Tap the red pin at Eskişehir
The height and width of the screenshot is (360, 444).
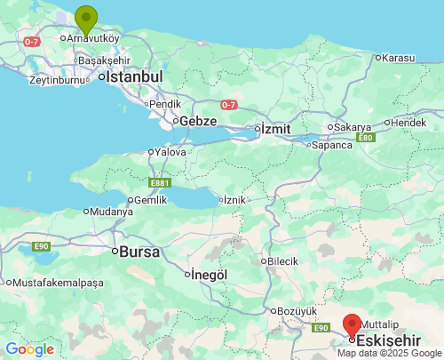(353, 325)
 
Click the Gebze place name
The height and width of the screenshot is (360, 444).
(199, 121)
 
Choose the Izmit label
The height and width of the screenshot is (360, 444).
(274, 129)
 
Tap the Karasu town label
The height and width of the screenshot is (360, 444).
(397, 58)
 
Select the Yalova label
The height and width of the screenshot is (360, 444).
(170, 152)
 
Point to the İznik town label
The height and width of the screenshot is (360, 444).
(234, 200)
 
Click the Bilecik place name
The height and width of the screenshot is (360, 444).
(282, 261)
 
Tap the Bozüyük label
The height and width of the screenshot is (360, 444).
(297, 310)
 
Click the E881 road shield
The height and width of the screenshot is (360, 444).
(160, 182)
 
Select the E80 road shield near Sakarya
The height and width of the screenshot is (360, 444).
(365, 138)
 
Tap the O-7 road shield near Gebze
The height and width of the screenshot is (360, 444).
(228, 105)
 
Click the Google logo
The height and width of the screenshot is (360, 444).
(30, 349)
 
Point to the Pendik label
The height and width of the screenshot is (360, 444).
(165, 104)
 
